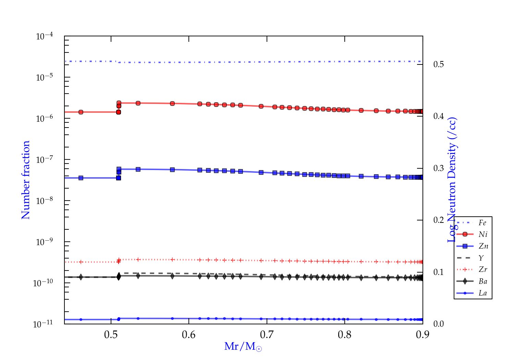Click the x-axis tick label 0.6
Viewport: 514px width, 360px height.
click(x=189, y=335)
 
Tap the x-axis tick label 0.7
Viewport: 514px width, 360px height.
click(x=267, y=335)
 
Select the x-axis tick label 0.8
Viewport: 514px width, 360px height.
click(x=345, y=335)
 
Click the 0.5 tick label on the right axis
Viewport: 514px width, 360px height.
click(x=439, y=64)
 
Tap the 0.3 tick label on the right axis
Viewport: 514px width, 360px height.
click(x=439, y=168)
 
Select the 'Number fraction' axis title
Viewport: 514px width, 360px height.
click(x=26, y=180)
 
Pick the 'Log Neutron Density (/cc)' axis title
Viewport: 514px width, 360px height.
click(x=452, y=180)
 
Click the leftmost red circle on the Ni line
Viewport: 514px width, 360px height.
click(x=81, y=112)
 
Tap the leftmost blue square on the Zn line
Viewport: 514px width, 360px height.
click(x=81, y=178)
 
